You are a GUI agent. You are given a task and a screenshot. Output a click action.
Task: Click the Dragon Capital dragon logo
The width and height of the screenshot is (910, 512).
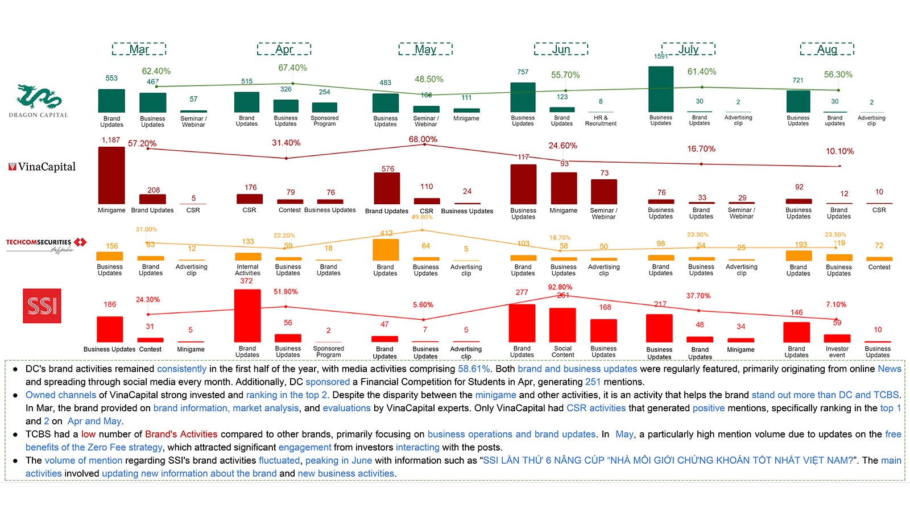click(x=38, y=97)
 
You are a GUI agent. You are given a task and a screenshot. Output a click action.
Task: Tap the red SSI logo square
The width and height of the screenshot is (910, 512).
click(x=42, y=306)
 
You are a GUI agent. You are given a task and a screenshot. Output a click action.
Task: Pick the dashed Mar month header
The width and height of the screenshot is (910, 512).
click(x=139, y=49)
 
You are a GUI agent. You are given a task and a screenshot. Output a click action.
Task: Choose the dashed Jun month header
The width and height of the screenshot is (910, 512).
click(x=561, y=49)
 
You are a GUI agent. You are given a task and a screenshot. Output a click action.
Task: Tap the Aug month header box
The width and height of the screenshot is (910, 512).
click(x=827, y=49)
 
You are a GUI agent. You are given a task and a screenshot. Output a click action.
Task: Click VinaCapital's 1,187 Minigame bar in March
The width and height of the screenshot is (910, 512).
click(x=111, y=175)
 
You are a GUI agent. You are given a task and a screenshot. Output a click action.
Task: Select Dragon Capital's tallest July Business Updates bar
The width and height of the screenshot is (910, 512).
click(x=661, y=89)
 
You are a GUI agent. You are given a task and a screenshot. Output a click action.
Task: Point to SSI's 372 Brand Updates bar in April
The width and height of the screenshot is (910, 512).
click(x=247, y=316)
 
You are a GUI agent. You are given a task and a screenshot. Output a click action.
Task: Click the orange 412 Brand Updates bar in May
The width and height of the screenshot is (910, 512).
click(x=386, y=250)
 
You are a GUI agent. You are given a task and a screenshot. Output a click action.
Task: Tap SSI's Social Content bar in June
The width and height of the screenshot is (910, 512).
click(x=562, y=325)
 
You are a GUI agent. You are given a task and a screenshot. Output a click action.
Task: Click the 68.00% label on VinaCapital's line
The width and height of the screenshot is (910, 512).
click(x=423, y=139)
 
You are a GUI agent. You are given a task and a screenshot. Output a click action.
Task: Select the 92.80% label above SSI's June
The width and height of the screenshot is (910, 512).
click(x=560, y=287)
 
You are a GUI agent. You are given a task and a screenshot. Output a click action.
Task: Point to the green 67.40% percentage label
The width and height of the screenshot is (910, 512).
click(x=292, y=68)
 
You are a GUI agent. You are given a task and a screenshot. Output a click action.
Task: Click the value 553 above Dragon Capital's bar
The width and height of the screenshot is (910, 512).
click(x=111, y=78)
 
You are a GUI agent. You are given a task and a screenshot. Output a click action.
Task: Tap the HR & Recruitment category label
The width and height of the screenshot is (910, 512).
click(x=601, y=121)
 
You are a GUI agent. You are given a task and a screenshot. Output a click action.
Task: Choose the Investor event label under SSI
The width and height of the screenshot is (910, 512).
click(x=837, y=352)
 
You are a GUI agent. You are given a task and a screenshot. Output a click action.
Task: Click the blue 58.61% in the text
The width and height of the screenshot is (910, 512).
click(x=474, y=369)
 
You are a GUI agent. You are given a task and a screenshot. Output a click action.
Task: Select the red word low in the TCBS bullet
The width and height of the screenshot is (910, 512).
click(x=88, y=434)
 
